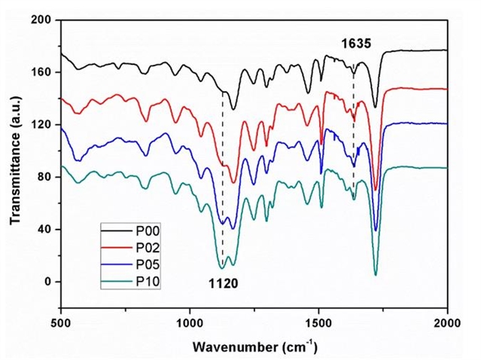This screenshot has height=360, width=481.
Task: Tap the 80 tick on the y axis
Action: click(x=44, y=177)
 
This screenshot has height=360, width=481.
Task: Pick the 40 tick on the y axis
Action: click(x=44, y=229)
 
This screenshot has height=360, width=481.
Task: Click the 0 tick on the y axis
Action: click(x=47, y=282)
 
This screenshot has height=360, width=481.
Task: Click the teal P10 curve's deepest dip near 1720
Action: click(x=375, y=275)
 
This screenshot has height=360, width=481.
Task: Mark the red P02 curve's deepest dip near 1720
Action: click(x=375, y=191)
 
